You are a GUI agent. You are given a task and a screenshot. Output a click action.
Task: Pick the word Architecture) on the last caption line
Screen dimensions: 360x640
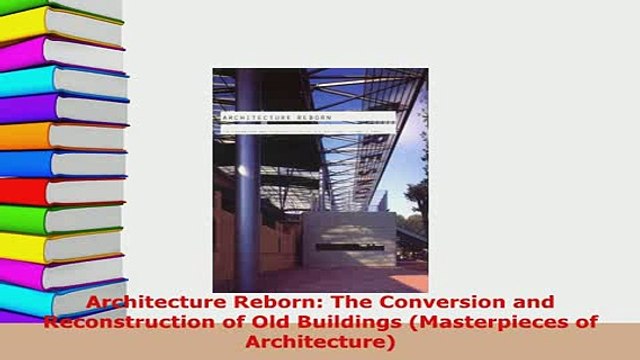click(x=320, y=341)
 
